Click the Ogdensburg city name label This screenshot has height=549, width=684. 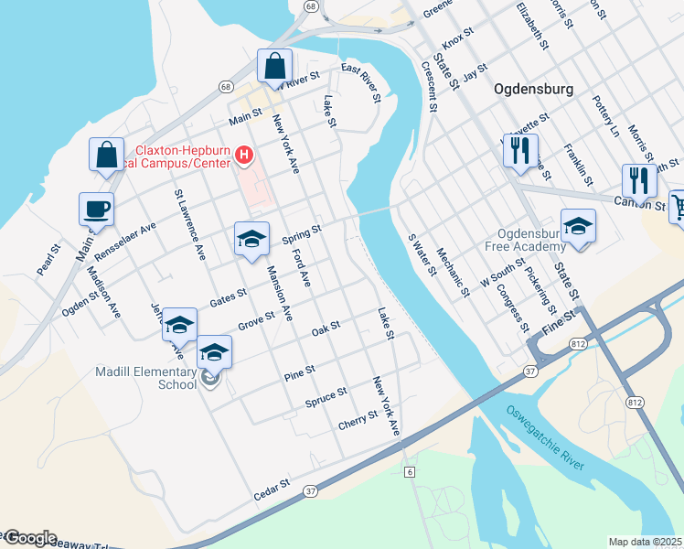533,90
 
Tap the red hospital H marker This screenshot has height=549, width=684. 243,156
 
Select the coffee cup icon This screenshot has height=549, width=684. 96,210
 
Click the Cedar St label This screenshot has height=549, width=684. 272,490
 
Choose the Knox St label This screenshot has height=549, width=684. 457,38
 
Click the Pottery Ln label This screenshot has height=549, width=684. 605,116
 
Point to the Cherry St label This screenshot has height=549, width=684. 358,419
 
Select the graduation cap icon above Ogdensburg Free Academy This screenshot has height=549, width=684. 578,226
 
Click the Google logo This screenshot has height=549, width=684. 29,538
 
